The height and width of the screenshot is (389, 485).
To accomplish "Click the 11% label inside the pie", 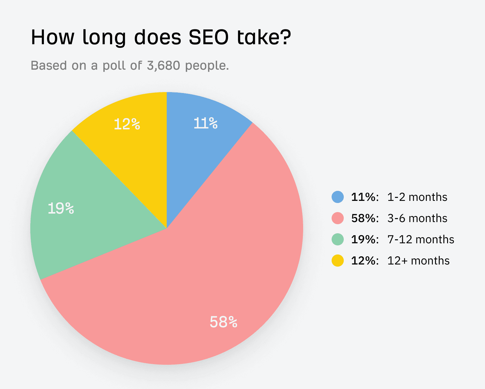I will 206,124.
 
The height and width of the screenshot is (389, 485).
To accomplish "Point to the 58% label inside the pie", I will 223,322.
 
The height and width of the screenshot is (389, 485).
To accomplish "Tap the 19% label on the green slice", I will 61,209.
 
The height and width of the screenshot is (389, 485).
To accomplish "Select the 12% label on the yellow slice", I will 127,124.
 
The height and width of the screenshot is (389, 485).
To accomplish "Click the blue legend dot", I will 338,197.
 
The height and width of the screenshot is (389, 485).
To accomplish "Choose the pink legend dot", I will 338,218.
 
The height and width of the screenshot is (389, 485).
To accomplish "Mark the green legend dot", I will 338,239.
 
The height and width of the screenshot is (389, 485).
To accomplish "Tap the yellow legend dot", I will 338,261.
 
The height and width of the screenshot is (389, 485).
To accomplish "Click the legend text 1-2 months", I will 417,197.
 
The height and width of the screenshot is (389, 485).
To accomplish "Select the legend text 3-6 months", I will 417,218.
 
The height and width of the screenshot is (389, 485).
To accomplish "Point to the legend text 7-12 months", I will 421,240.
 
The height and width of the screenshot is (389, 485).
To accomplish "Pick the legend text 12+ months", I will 418,261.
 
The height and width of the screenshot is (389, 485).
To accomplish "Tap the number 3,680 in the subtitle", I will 163,65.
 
